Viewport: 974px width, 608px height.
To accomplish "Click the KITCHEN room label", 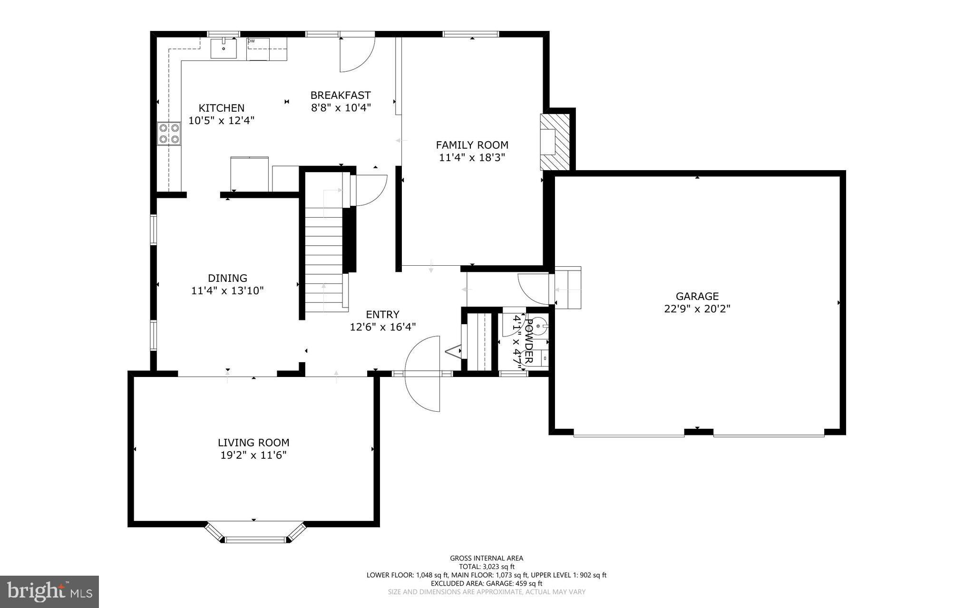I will (x=221, y=108).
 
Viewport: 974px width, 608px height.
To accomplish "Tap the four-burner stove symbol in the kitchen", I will (x=169, y=133).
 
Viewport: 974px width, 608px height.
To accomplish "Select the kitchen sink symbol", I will (x=224, y=48).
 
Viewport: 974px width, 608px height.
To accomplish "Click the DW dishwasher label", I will (x=251, y=41).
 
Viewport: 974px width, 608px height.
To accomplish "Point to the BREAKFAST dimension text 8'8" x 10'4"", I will (x=341, y=108).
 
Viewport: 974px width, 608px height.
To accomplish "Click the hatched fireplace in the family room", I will (x=555, y=142).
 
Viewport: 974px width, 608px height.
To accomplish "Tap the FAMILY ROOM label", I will (x=472, y=145).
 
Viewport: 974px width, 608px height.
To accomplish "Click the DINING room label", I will (x=227, y=278).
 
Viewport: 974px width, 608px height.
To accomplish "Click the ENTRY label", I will (x=382, y=314).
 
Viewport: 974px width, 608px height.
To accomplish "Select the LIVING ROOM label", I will (x=253, y=443).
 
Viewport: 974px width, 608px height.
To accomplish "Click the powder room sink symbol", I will (x=539, y=326).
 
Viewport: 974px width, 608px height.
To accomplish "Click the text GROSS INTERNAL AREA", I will (x=486, y=558).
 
